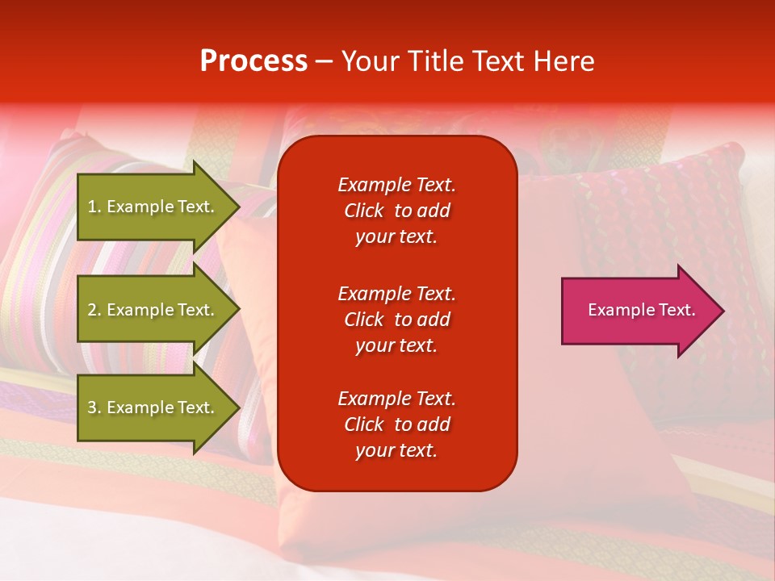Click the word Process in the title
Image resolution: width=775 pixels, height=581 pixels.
pos(253,61)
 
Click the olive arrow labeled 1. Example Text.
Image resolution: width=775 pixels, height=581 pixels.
pos(158,207)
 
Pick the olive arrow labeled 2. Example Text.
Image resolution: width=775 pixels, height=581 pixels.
pos(158,309)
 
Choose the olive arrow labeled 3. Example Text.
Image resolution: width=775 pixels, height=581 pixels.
pos(158,407)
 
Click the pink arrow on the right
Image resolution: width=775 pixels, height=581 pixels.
pos(643,310)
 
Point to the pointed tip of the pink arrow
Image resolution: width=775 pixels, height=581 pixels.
pos(725,311)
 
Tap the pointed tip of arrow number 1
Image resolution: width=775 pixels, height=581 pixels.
pos(240,207)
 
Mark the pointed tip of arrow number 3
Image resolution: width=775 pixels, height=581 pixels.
pos(240,408)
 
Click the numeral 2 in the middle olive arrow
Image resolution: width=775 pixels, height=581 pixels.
pos(92,310)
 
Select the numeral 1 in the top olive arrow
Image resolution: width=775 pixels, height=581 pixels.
pos(92,207)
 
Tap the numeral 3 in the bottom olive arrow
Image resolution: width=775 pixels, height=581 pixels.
pos(92,407)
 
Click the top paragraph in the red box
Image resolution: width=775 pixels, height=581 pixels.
pos(397,211)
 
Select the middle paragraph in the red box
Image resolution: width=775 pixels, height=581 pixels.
pos(397,320)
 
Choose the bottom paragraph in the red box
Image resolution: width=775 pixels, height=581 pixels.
pos(397,424)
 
